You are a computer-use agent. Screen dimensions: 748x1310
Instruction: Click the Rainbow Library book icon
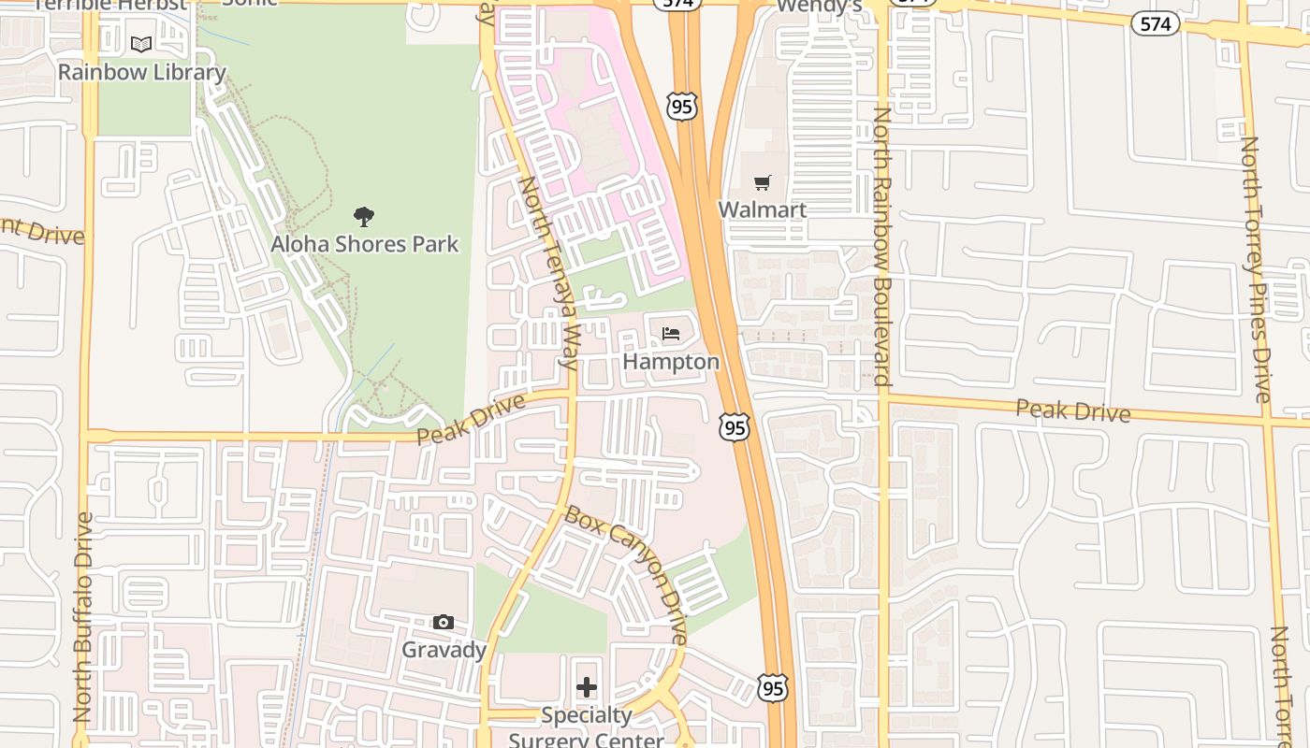(x=141, y=44)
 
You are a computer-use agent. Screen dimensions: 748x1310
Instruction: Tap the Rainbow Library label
(x=142, y=72)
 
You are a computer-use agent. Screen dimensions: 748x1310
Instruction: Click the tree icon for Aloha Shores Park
(x=364, y=217)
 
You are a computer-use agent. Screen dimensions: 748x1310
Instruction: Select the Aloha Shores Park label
(x=365, y=244)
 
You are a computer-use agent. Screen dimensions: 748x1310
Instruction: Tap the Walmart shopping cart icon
(x=763, y=182)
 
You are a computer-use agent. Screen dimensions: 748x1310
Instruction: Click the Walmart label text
(x=763, y=209)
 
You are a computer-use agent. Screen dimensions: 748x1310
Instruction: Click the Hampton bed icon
(x=671, y=333)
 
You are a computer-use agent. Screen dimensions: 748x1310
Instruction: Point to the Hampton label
(x=671, y=361)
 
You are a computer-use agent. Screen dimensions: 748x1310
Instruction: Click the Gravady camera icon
(x=444, y=622)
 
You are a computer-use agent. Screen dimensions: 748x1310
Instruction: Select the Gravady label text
(x=444, y=649)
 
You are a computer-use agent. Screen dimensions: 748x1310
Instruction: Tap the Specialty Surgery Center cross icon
(x=587, y=687)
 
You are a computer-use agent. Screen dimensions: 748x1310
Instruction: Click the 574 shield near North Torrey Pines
(x=1156, y=24)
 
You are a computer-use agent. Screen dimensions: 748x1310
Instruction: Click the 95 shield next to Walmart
(x=682, y=107)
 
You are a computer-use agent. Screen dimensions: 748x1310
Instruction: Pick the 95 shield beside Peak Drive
(x=735, y=427)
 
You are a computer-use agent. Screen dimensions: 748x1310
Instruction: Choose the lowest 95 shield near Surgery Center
(x=773, y=688)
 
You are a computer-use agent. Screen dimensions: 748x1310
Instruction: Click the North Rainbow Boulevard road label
(x=882, y=246)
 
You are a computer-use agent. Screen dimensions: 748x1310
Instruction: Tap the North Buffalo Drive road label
(x=83, y=617)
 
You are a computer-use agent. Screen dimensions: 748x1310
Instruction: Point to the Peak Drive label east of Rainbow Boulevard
(x=1072, y=410)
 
